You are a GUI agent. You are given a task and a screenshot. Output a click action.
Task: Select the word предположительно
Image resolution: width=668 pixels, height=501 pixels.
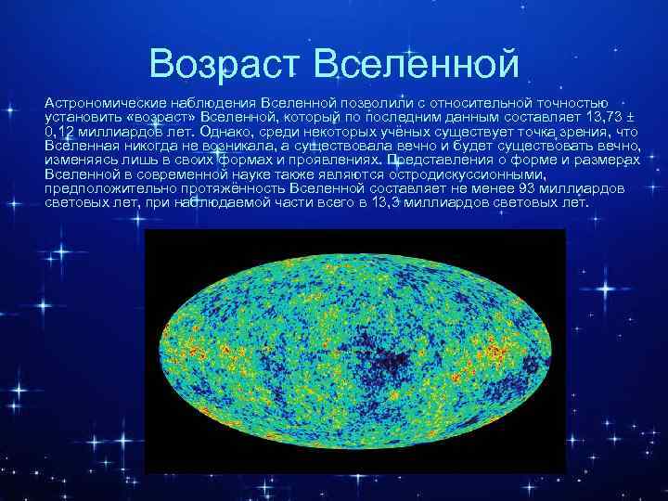[101, 188]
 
